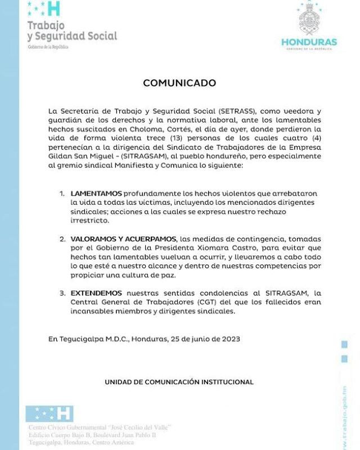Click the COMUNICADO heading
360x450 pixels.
click(x=179, y=83)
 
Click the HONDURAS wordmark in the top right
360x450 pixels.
click(x=309, y=42)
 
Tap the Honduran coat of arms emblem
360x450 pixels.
click(x=309, y=20)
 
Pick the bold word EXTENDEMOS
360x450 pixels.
click(x=96, y=293)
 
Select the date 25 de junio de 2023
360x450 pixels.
click(x=206, y=339)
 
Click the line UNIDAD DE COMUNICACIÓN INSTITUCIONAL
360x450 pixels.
click(x=179, y=382)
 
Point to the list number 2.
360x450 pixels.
click(x=62, y=239)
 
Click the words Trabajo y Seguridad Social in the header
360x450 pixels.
click(x=72, y=31)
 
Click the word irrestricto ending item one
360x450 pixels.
click(x=89, y=220)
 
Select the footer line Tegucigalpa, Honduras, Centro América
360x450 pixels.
click(x=81, y=442)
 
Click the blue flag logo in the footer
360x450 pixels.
click(x=49, y=413)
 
